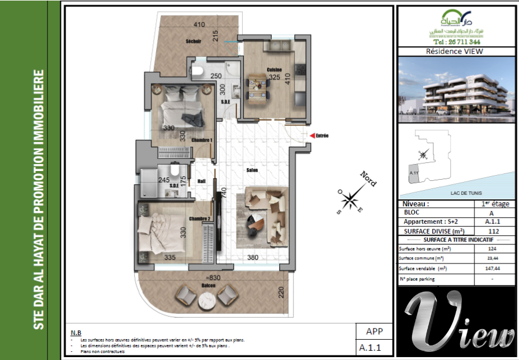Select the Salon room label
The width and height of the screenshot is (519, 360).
coord(251,170)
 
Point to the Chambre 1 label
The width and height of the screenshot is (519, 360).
coord(202,140)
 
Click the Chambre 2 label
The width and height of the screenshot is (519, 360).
coord(199,218)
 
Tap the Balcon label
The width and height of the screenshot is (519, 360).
coord(209,286)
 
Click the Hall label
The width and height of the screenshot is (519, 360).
coord(202,181)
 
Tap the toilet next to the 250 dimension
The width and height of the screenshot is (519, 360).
coord(197,71)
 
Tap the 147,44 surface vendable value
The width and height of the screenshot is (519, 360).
coord(493,269)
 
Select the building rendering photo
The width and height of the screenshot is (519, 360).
coord(456,89)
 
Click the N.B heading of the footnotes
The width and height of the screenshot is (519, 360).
coord(76,333)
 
